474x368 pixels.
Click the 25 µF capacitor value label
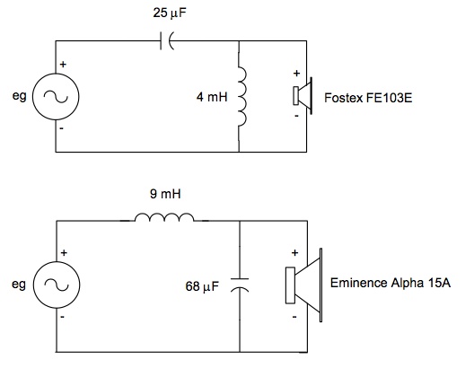tap(170, 13)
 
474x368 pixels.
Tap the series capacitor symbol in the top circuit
tap(167, 41)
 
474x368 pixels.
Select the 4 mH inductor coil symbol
tap(242, 97)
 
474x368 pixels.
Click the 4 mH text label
tap(212, 97)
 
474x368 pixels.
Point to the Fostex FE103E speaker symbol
tap(303, 96)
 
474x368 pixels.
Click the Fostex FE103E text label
tap(368, 98)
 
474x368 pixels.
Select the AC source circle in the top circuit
tap(56, 97)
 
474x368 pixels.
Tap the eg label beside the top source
tap(20, 96)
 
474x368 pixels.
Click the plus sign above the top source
tap(63, 64)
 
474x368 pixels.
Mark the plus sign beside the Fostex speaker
tap(296, 73)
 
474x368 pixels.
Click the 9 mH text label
tap(165, 194)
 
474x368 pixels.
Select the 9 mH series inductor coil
tap(164, 217)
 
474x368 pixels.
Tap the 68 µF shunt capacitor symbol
tap(240, 285)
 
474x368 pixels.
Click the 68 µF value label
tap(202, 286)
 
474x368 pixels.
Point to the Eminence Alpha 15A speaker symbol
tap(303, 285)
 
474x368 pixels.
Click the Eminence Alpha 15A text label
tap(391, 283)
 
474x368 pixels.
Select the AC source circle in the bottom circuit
tap(57, 285)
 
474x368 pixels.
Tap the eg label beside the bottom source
tap(19, 285)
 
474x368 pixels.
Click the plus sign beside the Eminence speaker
tap(294, 252)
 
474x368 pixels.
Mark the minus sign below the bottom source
tap(62, 317)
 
